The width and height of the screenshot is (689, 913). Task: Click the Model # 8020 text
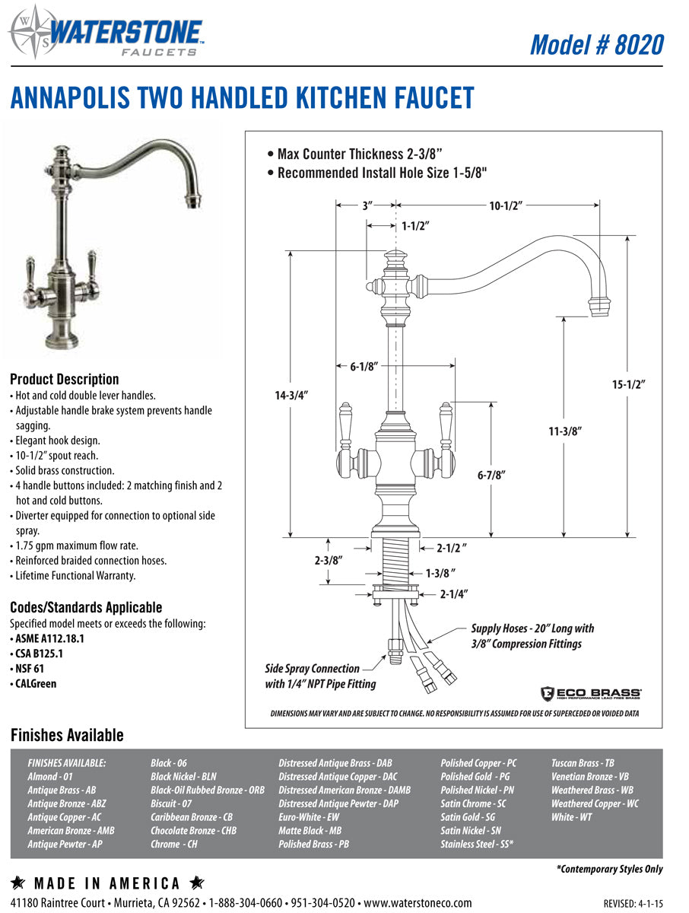pos(596,44)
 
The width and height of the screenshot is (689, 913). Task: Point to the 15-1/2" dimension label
pos(628,385)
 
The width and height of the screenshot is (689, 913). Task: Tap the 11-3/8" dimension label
pos(565,431)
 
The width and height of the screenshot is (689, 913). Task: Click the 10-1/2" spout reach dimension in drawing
pos(505,205)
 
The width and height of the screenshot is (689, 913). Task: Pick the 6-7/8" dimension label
pos(491,475)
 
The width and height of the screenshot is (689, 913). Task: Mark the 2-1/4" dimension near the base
pos(453,593)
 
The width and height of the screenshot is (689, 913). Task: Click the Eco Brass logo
pos(591,693)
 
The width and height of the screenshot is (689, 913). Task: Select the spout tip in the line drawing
pos(599,306)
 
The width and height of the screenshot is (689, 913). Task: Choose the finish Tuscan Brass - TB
pos(583,763)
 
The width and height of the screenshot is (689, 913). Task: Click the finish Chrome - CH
pos(174,845)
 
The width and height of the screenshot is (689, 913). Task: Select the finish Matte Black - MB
pos(310,831)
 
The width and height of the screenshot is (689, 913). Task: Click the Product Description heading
pos(65,379)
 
